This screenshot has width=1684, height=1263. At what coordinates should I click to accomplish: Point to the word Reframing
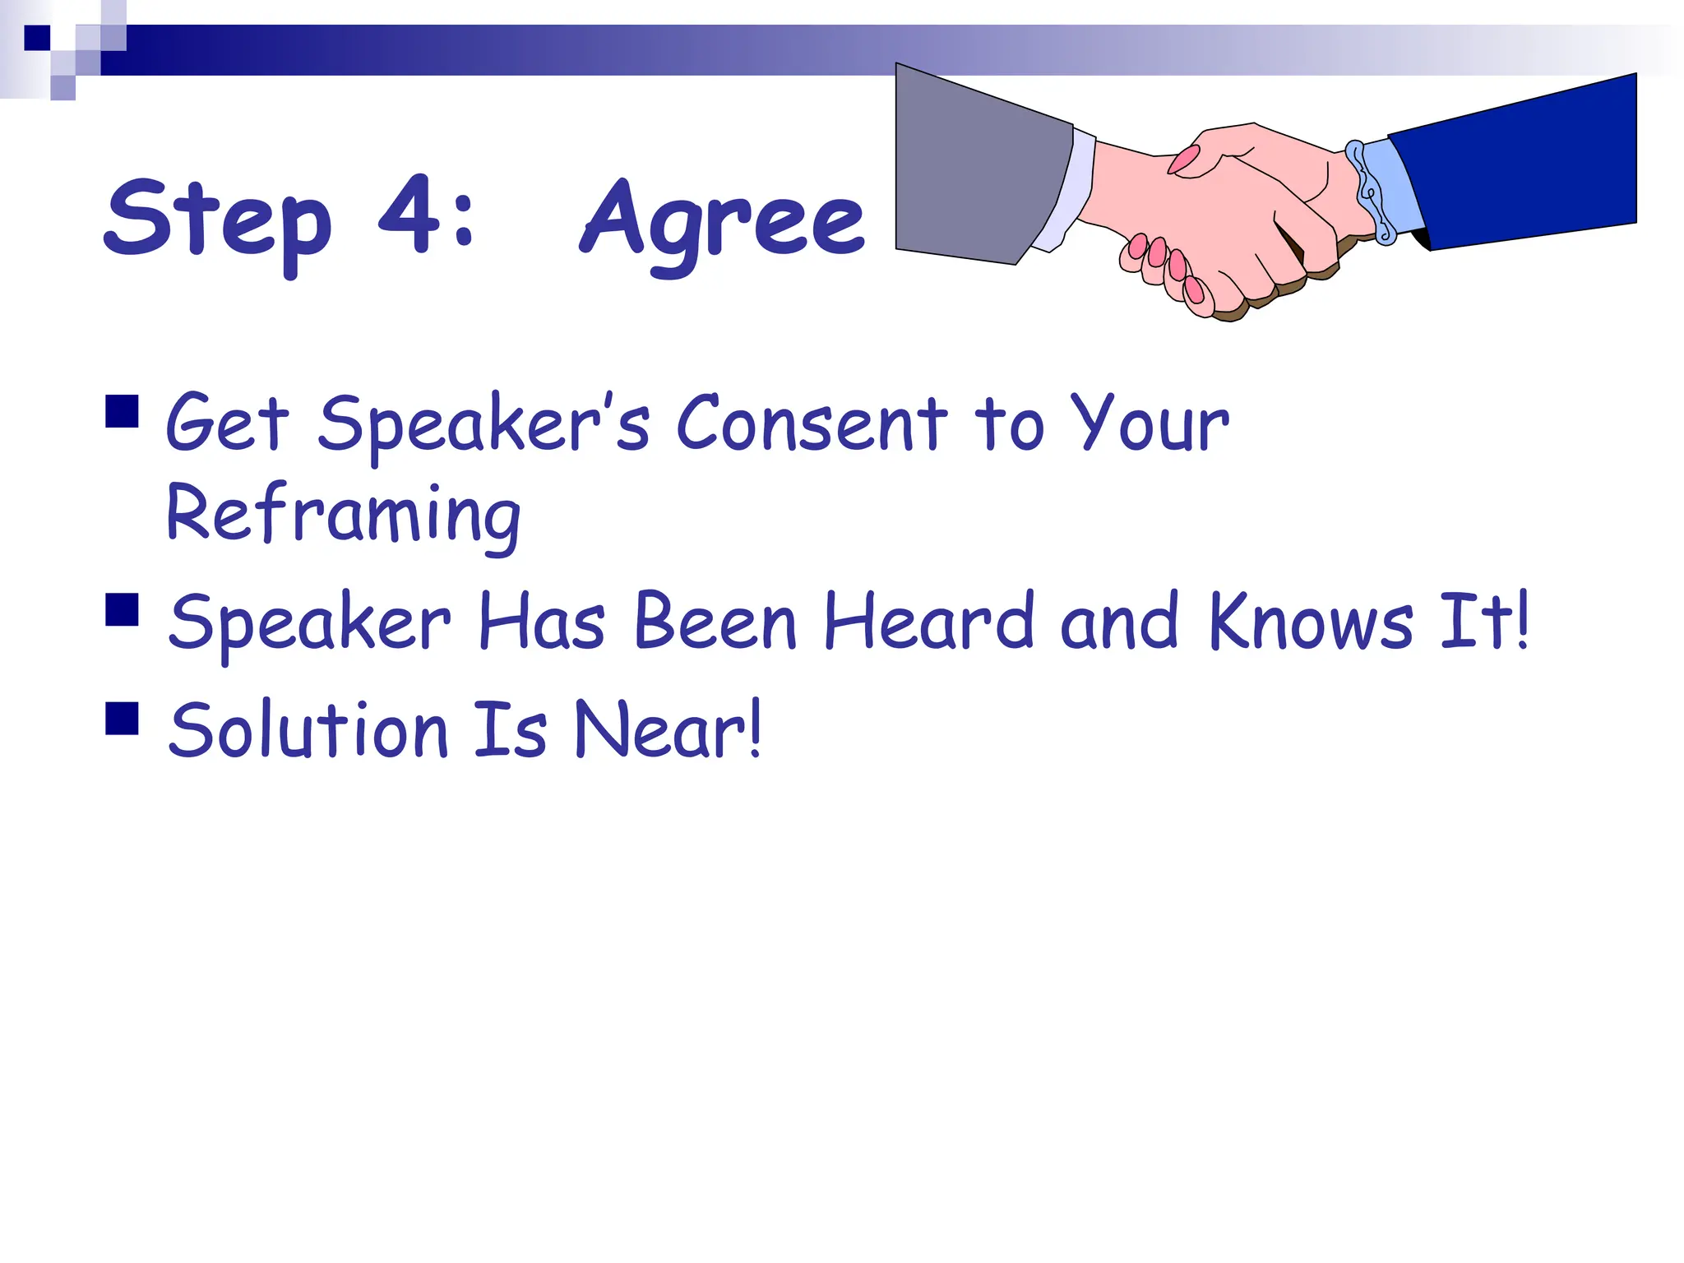[x=343, y=515]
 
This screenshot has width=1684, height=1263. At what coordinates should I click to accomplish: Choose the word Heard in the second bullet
[x=929, y=622]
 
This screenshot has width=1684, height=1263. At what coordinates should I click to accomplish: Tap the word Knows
[x=1311, y=622]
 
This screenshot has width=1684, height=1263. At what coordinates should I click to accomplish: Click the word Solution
[x=308, y=730]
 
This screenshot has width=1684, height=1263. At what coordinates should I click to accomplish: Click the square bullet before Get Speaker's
[x=122, y=412]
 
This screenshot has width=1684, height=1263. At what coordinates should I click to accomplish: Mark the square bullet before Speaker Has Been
[x=122, y=610]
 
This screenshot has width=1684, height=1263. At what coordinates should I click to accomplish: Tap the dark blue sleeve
[x=1521, y=164]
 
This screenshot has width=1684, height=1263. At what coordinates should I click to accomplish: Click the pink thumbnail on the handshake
[x=1185, y=160]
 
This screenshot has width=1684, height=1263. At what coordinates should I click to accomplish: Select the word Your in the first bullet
[x=1154, y=424]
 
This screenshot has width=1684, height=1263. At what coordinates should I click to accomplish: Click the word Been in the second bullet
[x=715, y=622]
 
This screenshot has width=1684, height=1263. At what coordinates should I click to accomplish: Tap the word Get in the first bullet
[x=228, y=424]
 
